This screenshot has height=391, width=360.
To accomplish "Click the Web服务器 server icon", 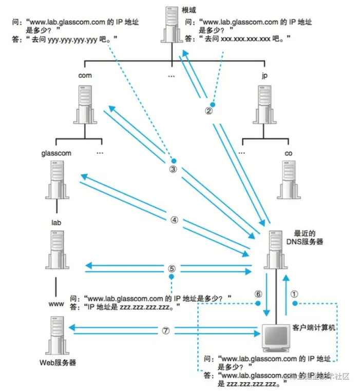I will pos(56,335).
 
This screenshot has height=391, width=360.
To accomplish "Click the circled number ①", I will pos(294,294).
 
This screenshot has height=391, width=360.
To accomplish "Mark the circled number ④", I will pos(174,220).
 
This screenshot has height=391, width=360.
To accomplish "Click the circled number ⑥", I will pos(258,294).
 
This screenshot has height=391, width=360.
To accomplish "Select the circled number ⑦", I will pos(165,330).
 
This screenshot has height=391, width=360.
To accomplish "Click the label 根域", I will pos(189,10).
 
